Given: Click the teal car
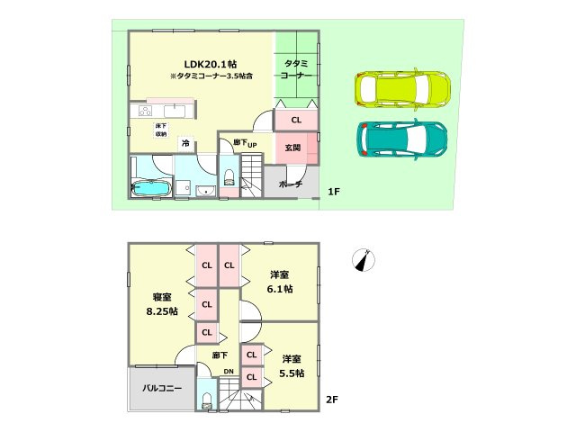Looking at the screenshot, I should [x=402, y=138].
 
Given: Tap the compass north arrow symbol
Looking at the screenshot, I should [x=363, y=258].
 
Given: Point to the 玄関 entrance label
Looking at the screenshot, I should [x=293, y=148].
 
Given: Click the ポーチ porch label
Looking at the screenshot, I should [x=291, y=184].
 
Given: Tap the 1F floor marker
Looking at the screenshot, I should [x=333, y=192].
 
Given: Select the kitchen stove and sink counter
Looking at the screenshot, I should [x=159, y=111].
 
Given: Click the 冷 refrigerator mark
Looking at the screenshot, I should [x=185, y=143].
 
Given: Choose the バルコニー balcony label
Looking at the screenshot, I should [x=162, y=389].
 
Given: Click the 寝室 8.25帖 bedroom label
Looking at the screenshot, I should [x=163, y=303].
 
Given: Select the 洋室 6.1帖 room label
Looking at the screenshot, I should [x=278, y=281].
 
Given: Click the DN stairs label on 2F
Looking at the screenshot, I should [x=229, y=372].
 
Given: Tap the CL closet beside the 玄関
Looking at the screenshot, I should [x=295, y=119].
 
